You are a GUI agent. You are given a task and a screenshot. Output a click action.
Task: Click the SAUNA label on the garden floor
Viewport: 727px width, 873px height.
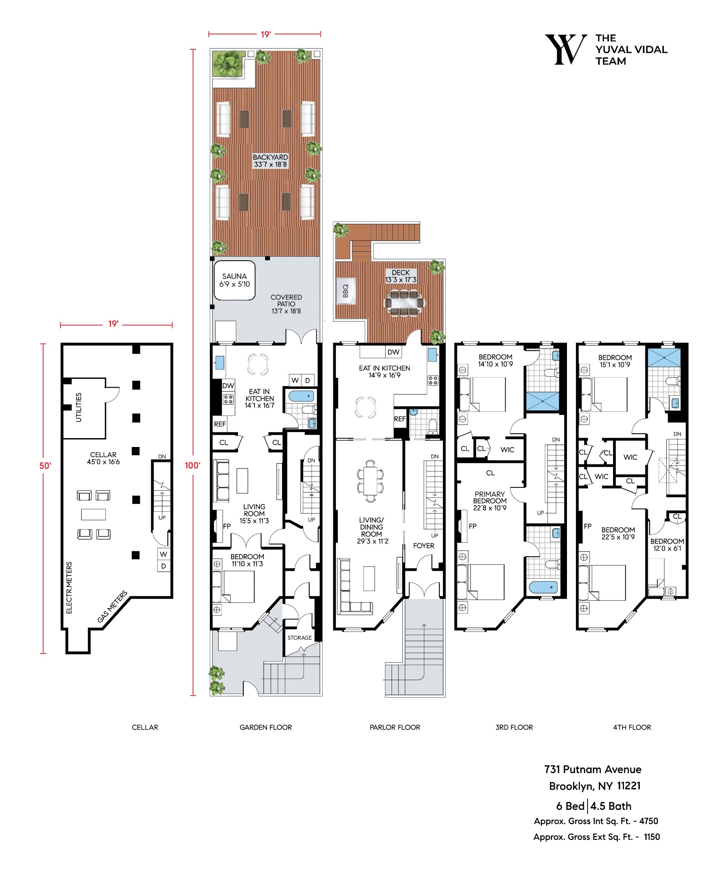click(234, 280)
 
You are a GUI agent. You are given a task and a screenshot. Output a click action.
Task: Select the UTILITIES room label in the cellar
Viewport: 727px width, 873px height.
click(78, 407)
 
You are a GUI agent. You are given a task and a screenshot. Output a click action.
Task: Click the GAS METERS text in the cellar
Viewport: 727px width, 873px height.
click(112, 607)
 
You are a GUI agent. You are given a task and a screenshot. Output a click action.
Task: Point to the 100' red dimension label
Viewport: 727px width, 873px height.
click(192, 465)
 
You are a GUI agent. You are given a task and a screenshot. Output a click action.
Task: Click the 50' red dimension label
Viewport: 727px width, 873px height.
click(45, 466)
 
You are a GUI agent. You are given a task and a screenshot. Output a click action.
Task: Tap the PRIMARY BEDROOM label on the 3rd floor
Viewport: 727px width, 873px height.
click(489, 500)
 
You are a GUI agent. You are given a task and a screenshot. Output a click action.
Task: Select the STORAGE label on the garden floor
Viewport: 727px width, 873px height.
click(299, 637)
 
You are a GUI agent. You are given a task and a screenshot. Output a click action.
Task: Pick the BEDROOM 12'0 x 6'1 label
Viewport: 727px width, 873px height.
click(667, 544)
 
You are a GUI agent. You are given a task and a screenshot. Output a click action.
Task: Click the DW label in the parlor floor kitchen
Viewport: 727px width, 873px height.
click(393, 352)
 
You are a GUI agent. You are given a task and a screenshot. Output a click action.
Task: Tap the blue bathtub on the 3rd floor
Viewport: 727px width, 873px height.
click(542, 587)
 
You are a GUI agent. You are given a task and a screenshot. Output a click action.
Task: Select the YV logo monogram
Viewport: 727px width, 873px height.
click(565, 49)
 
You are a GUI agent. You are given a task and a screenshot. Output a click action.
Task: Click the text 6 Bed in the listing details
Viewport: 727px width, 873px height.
click(570, 806)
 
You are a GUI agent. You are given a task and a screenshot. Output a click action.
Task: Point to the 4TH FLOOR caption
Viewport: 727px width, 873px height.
click(631, 727)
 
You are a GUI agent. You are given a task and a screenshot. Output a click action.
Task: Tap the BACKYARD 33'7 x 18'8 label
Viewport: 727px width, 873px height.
click(270, 160)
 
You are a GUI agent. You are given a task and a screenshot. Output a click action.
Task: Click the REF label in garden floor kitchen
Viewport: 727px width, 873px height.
click(219, 424)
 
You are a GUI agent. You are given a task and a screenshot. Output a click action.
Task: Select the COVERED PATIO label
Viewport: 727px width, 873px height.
click(286, 304)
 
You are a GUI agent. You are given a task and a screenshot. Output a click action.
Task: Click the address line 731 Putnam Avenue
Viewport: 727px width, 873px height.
click(592, 769)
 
